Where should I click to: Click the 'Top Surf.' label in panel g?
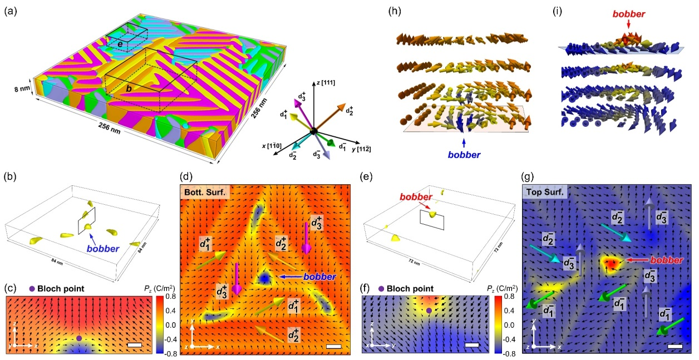click(x=543, y=193)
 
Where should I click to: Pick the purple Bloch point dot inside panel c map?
click(x=79, y=338)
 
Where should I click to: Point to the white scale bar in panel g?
click(x=675, y=346)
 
